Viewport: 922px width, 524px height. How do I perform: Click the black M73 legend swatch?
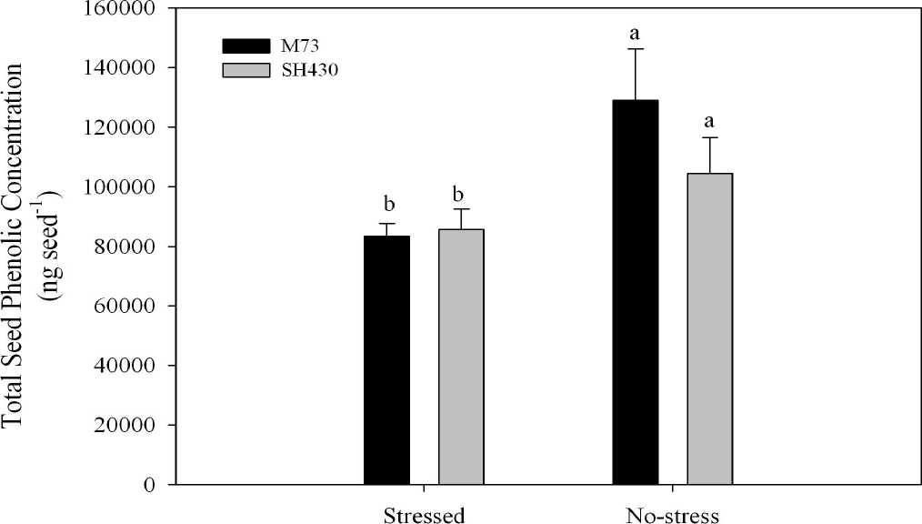[246, 46]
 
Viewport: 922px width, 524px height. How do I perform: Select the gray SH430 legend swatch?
[246, 70]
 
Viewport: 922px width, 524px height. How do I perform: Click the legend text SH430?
[307, 71]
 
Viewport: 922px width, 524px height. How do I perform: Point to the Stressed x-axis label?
[423, 515]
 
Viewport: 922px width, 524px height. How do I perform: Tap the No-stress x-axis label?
[673, 515]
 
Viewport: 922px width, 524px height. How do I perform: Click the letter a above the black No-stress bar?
[635, 34]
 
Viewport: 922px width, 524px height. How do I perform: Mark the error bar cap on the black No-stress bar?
[635, 49]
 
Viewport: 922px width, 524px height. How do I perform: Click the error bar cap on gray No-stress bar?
[709, 137]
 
